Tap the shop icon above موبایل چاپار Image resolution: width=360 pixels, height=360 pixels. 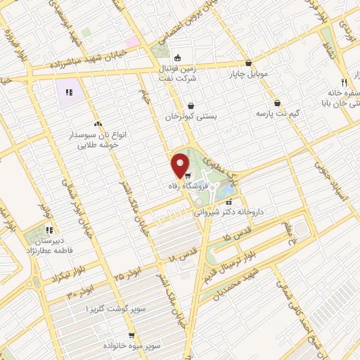249,62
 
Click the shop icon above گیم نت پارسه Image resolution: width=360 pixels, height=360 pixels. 278,103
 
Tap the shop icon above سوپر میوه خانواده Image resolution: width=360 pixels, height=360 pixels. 131,336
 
